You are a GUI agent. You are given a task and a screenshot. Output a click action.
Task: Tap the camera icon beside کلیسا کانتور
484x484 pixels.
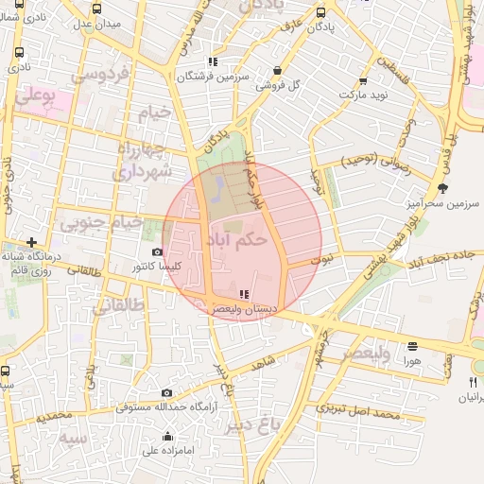tap(157, 252)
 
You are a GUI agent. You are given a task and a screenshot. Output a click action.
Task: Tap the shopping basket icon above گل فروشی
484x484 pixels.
tap(277, 70)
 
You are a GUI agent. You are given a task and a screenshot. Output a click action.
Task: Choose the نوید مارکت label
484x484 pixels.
tap(337, 95)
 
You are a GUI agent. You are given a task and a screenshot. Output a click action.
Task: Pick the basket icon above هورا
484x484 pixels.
tap(412, 347)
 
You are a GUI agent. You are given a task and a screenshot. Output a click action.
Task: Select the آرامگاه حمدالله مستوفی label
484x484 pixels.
tap(166, 407)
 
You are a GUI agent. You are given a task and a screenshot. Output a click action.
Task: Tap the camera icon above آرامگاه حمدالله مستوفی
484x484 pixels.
tap(166, 392)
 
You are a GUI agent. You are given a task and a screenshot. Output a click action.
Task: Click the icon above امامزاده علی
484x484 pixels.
tap(168, 436)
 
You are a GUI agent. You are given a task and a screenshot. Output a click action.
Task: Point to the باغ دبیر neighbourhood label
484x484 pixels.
tap(255, 425)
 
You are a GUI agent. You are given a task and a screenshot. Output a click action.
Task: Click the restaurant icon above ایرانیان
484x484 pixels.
tap(473, 382)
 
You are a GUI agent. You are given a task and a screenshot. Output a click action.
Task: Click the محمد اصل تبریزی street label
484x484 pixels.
tap(359, 412)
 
